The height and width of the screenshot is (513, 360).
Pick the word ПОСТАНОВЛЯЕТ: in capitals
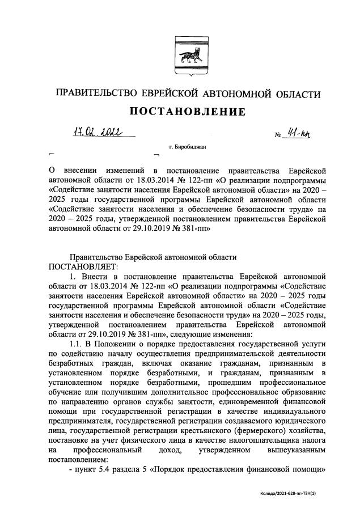coord(85,266)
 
